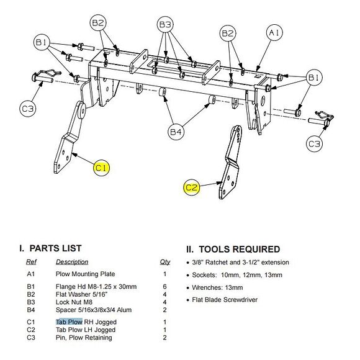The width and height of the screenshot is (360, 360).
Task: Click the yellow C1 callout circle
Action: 101,168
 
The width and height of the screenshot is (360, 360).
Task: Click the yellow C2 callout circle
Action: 191,187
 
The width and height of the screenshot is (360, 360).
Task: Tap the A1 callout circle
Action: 274,32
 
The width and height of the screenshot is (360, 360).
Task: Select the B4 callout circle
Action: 176,132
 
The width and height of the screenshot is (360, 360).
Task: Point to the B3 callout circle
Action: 165,24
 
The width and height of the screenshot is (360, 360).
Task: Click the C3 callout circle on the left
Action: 28,109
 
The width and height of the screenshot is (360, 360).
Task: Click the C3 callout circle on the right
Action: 314,144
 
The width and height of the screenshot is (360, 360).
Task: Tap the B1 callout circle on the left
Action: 42,42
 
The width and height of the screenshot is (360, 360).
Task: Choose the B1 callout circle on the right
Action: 314,78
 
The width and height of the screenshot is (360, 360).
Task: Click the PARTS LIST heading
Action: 50,248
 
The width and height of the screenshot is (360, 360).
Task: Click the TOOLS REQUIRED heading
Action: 233,249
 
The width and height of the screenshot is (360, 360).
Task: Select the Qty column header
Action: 165,262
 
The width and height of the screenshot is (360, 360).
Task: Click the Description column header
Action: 72,262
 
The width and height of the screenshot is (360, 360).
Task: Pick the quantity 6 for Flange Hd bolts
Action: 164,287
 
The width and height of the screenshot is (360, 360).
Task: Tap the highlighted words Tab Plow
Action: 69,322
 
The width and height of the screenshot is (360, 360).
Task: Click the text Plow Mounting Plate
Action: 85,274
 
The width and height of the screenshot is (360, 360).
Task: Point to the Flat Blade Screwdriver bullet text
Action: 225,300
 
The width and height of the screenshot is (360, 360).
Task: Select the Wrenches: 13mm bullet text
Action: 217,287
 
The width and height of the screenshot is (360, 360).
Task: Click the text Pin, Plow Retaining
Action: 84,338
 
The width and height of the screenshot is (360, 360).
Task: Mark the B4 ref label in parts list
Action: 31,310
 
